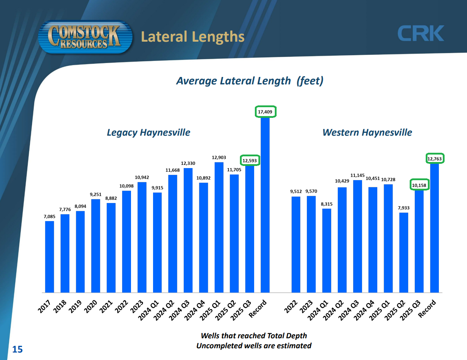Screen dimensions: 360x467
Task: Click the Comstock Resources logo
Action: (85, 37)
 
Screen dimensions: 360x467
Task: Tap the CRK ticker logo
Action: (420, 33)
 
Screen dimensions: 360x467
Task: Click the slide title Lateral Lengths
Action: (193, 37)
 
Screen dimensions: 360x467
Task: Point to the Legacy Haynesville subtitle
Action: (148, 132)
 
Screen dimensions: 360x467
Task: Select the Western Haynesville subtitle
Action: (367, 132)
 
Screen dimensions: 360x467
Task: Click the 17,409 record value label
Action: (265, 112)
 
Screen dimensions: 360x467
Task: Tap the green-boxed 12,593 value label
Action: (250, 161)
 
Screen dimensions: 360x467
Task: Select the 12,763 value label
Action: (435, 159)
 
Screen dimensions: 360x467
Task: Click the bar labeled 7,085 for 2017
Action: (49, 256)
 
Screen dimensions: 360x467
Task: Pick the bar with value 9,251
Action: (95, 246)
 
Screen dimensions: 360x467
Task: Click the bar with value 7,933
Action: (404, 252)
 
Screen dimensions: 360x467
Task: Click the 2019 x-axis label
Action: (75, 306)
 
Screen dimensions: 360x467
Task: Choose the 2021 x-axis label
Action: (106, 306)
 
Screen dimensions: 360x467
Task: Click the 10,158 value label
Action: (419, 185)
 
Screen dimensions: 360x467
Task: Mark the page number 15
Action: (17, 349)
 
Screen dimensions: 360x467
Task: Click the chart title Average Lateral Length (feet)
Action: (250, 81)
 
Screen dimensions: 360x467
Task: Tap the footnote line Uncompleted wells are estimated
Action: (254, 346)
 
